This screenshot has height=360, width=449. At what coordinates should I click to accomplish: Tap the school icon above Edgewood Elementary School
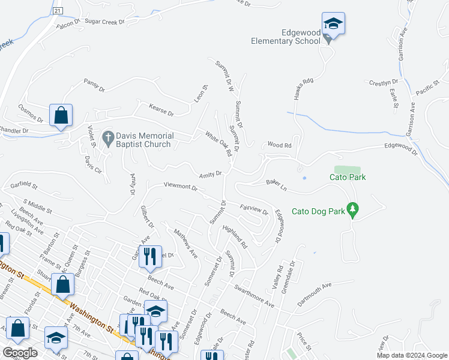pyautogui.click(x=333, y=24)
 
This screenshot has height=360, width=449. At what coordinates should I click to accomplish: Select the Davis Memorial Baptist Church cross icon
pyautogui.click(x=108, y=140)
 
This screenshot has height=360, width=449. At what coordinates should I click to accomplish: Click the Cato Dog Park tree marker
pyautogui.click(x=354, y=209)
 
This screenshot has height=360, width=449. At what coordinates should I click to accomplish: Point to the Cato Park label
pyautogui.click(x=348, y=177)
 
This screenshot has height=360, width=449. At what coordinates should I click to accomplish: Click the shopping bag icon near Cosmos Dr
pyautogui.click(x=61, y=115)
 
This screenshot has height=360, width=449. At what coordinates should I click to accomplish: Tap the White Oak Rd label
pyautogui.click(x=218, y=144)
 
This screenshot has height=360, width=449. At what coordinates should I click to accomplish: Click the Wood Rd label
pyautogui.click(x=279, y=145)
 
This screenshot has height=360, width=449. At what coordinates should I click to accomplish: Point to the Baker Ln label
pyautogui.click(x=276, y=185)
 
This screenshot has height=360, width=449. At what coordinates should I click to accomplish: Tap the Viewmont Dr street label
pyautogui.click(x=181, y=187)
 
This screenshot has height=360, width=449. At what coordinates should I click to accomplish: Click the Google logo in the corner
pyautogui.click(x=20, y=353)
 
